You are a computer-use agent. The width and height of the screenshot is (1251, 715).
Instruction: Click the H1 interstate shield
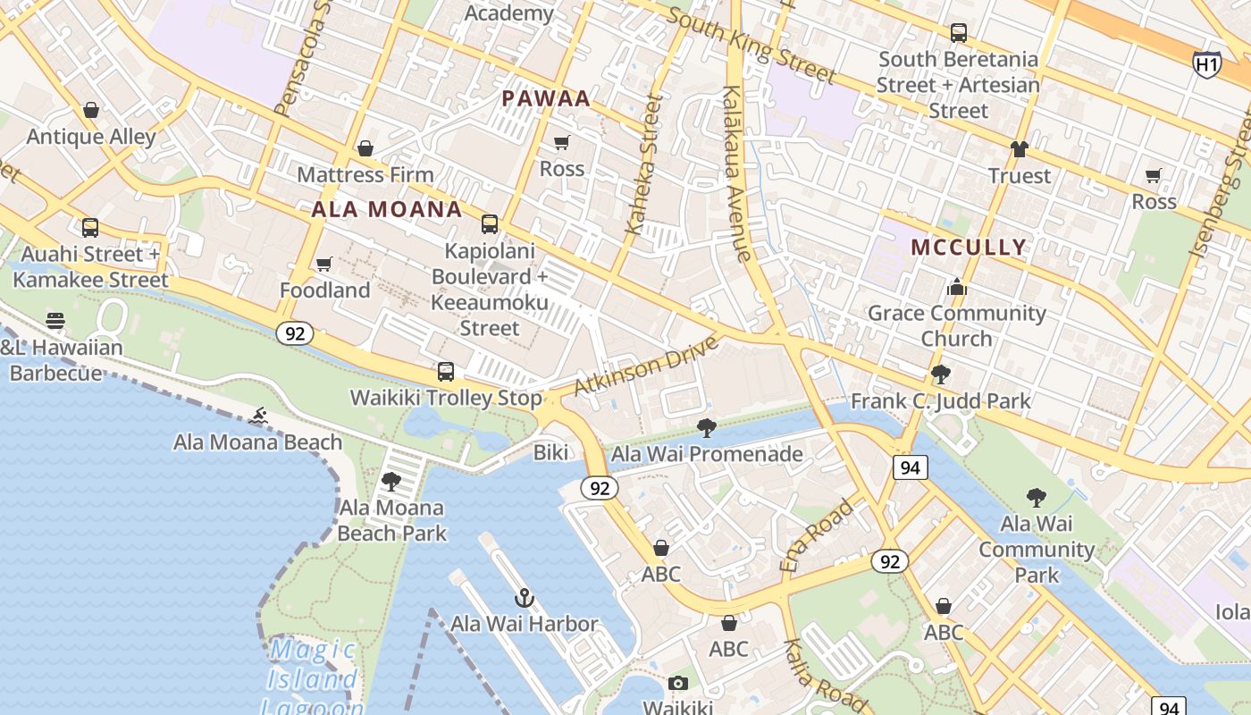point(1206,63)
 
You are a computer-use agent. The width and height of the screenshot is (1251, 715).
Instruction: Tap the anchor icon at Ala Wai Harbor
point(525,598)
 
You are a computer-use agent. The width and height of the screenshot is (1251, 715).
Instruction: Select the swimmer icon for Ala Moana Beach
point(258,416)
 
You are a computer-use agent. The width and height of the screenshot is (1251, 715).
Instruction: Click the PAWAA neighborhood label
point(546,98)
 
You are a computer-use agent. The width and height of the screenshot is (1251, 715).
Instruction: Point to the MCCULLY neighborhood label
point(969,248)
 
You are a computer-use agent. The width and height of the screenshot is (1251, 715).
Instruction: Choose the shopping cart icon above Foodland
point(324,264)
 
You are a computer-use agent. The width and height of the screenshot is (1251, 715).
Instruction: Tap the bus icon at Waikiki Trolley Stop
point(445,371)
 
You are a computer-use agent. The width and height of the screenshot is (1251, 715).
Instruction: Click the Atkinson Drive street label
point(646,365)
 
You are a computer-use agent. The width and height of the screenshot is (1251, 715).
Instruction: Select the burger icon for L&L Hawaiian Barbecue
point(55,321)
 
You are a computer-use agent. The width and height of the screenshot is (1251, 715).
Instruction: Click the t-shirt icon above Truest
point(1019,149)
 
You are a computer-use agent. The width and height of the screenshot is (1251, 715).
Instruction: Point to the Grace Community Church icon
point(957,287)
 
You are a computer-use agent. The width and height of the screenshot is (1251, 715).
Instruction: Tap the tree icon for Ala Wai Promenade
point(706,427)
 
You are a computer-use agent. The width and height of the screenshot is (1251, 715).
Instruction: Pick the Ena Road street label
point(817,535)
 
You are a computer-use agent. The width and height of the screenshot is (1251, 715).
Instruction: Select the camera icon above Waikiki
point(678,684)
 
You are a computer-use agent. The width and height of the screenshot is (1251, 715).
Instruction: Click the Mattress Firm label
point(365,174)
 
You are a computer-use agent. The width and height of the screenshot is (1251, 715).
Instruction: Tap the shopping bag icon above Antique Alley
point(90,110)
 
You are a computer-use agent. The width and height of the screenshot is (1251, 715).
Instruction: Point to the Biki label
point(550,452)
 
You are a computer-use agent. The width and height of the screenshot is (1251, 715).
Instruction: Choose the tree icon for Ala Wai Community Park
point(1036,497)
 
